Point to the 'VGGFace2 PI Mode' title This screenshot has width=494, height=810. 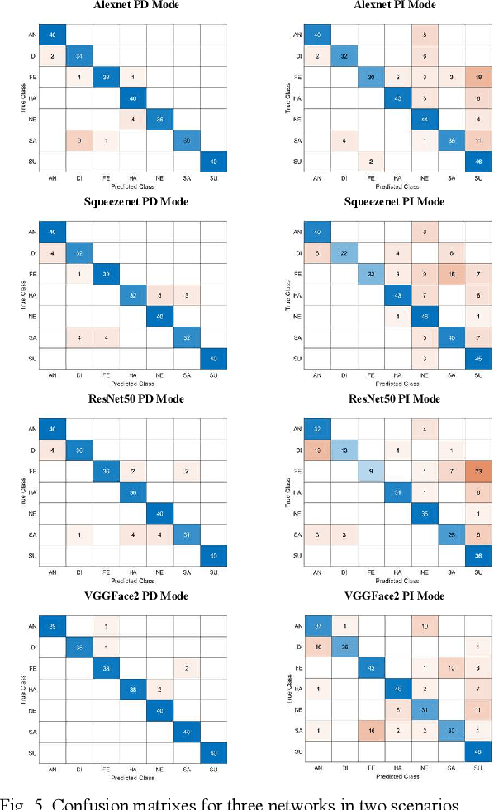387,596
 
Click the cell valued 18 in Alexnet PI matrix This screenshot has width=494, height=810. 477,78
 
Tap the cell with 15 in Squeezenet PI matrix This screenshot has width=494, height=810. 450,275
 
